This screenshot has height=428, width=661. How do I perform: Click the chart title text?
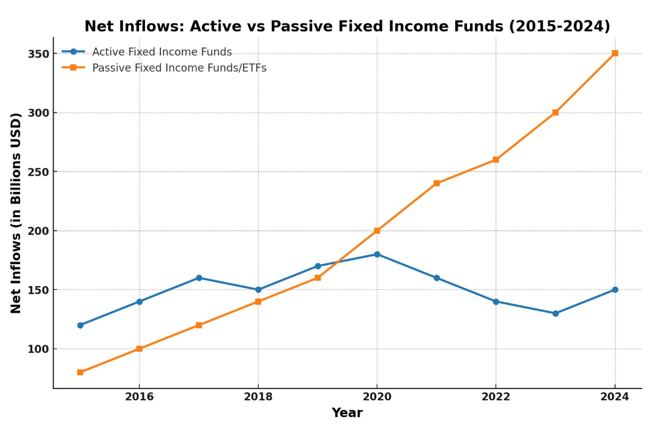click(x=347, y=26)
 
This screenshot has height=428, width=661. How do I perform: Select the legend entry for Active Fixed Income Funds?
click(x=162, y=52)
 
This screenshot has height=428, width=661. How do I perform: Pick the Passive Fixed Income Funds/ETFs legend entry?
click(x=179, y=68)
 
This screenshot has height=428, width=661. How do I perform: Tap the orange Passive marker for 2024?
click(x=614, y=53)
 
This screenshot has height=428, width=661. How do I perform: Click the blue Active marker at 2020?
click(x=377, y=254)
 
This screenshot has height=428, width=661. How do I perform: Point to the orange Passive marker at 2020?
click(x=377, y=231)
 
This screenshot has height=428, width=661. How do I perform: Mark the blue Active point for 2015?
click(x=80, y=325)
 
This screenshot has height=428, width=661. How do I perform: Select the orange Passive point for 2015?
click(x=80, y=372)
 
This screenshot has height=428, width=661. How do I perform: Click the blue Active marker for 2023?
click(x=555, y=313)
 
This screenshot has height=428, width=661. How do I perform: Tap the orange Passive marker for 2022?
click(x=496, y=160)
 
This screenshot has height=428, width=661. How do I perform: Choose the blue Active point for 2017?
click(x=199, y=278)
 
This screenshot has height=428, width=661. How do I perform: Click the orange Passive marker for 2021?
click(x=436, y=183)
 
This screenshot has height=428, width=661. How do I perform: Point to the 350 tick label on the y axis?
click(x=39, y=54)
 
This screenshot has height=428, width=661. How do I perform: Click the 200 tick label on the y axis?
click(x=39, y=231)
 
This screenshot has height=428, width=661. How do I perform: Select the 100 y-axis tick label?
click(x=39, y=349)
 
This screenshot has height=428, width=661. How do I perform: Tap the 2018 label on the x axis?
click(x=258, y=396)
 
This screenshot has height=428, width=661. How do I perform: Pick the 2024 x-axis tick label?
click(x=614, y=396)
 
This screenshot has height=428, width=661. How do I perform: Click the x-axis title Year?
click(x=347, y=413)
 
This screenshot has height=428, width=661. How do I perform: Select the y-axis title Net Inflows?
click(x=16, y=212)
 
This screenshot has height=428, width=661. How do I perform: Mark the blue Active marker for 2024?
click(x=614, y=290)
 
